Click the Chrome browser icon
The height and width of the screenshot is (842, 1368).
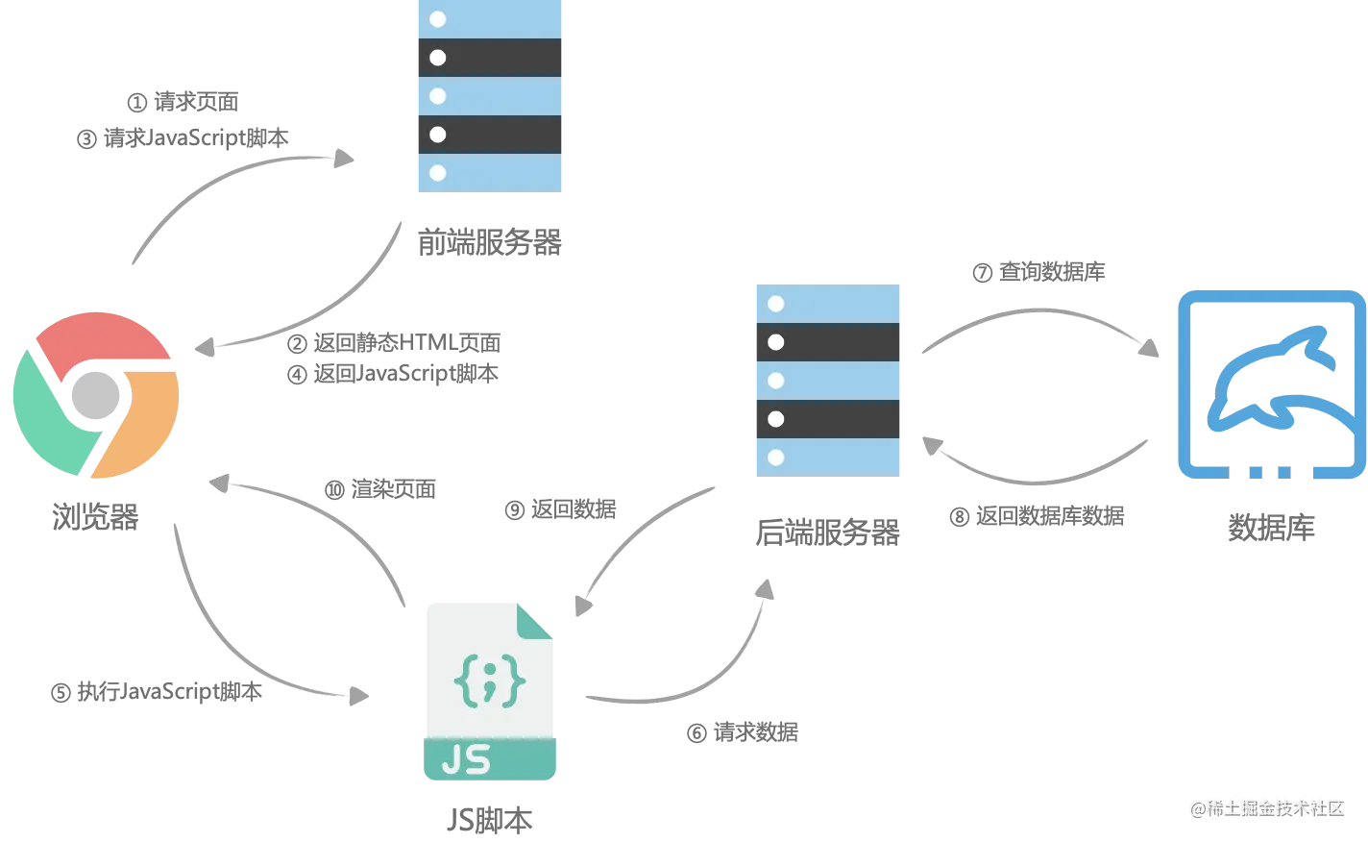96,395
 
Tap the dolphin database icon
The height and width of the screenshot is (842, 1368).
1272,384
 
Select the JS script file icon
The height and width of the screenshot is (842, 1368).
490,691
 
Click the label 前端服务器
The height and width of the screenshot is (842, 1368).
489,242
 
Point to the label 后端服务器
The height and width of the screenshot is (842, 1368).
827,532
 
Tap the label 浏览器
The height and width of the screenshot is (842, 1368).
95,517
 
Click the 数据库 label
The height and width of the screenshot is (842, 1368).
1272,527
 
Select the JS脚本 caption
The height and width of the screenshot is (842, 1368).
490,820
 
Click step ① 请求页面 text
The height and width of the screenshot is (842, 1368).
183,102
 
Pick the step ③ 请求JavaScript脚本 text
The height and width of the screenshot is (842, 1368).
183,138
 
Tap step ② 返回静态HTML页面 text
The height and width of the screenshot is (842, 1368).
394,343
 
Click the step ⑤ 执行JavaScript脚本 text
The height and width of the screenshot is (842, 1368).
157,692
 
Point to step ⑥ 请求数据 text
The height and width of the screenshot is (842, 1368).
742,732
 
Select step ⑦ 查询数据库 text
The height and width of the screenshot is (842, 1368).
1038,272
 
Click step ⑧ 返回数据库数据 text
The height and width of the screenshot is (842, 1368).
1037,516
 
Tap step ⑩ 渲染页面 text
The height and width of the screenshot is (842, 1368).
379,489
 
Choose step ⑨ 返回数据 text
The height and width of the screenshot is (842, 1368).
560,509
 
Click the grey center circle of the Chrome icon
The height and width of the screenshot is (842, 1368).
95,395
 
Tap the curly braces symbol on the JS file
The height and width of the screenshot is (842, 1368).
489,681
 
